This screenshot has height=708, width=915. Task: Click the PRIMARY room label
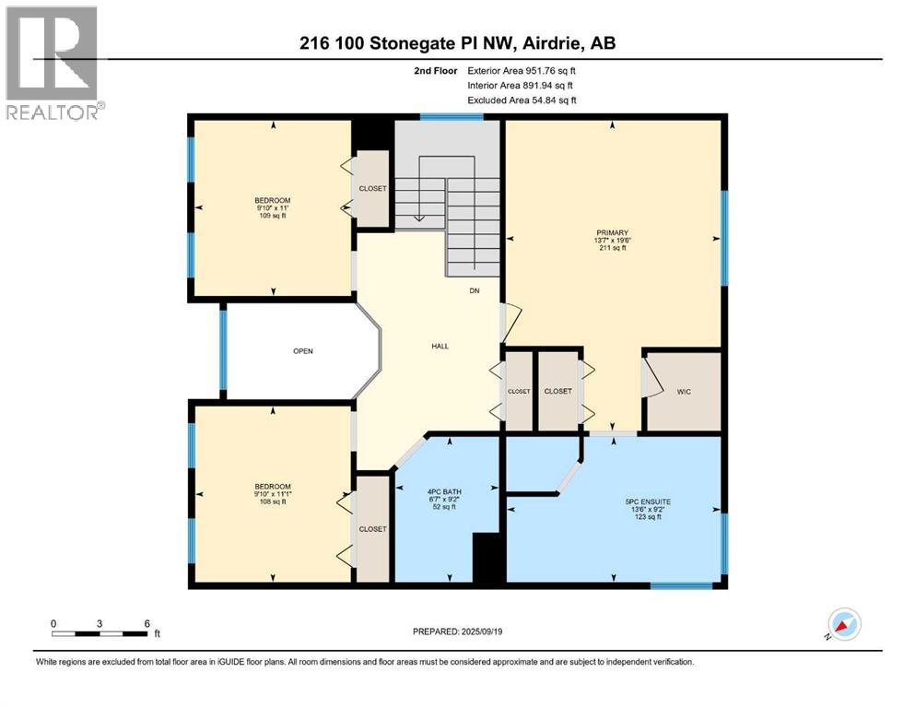611,232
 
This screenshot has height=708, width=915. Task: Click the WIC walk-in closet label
683,391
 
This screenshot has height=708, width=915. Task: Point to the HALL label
440,346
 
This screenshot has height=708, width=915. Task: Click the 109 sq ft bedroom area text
273,216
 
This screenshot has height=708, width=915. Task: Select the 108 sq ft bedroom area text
273,502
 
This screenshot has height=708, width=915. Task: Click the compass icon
843,625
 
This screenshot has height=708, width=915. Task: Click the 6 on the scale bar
147,623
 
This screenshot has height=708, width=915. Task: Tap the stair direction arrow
418,218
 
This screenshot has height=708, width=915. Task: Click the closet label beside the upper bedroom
373,188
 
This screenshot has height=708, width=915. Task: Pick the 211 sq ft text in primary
611,248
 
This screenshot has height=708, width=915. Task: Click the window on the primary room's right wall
724,237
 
